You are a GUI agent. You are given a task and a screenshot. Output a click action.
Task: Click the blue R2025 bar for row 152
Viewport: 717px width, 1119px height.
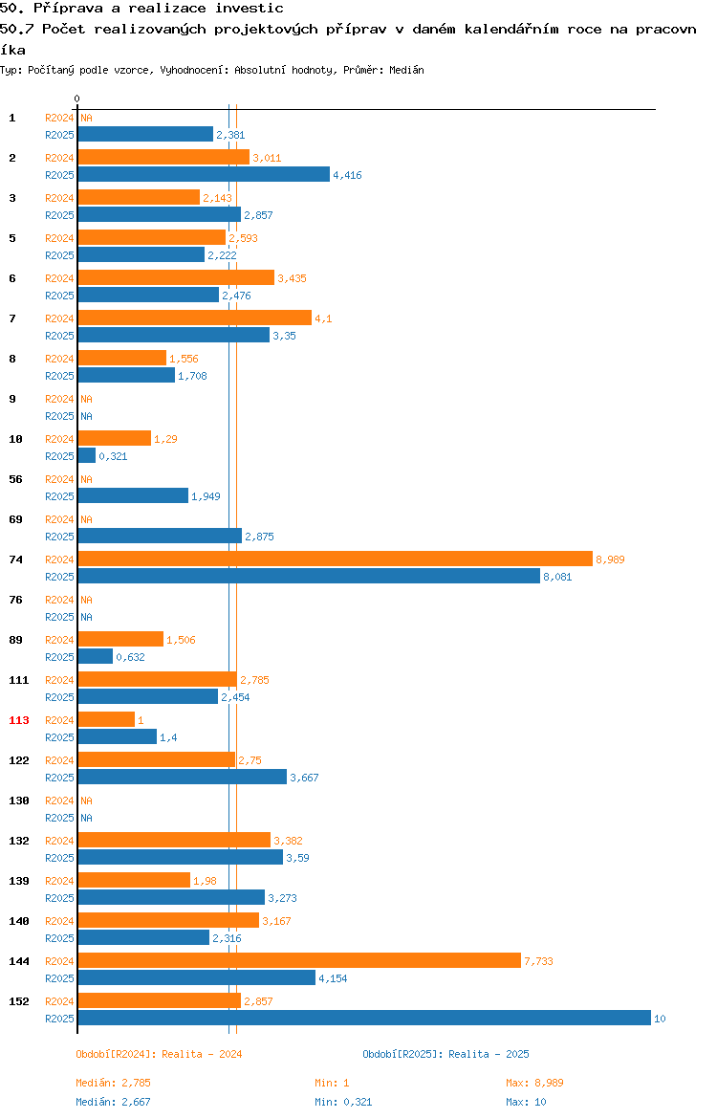(364, 1019)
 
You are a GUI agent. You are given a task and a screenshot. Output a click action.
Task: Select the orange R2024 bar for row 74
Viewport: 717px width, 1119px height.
(336, 559)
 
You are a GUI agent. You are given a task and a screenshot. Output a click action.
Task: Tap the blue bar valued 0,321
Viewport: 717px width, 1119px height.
(87, 456)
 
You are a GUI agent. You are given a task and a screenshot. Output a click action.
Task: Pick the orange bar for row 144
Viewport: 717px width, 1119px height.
(299, 960)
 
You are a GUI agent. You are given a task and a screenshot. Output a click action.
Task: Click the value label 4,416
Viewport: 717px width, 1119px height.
(347, 176)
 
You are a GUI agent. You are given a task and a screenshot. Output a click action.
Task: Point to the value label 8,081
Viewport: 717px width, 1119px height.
(558, 578)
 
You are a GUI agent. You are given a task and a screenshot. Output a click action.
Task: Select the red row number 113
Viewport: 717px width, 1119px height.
(19, 720)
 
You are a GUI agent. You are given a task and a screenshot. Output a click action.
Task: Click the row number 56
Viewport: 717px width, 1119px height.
(15, 479)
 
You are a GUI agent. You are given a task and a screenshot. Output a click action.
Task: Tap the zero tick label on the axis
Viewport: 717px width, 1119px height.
(77, 99)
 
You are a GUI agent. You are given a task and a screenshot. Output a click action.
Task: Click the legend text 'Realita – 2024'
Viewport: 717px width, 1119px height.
(202, 1054)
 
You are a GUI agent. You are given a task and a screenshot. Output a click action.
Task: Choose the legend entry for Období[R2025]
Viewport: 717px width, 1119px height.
(445, 1054)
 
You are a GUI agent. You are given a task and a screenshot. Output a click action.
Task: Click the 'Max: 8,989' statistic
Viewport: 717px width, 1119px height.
(534, 1083)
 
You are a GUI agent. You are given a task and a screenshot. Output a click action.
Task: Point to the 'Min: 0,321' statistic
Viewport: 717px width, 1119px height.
(343, 1102)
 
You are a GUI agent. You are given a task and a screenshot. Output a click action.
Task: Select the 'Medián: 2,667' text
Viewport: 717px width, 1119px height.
(114, 1102)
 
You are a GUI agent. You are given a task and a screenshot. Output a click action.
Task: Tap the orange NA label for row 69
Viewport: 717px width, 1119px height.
(86, 519)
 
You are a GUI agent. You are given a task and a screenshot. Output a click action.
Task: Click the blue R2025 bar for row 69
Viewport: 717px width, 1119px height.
(160, 536)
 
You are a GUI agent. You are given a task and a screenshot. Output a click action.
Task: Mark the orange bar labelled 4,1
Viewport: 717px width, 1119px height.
(195, 318)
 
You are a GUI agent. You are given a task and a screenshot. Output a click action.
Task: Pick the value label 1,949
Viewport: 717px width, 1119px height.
(206, 496)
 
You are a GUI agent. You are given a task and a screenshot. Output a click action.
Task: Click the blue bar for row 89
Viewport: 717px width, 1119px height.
(96, 656)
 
